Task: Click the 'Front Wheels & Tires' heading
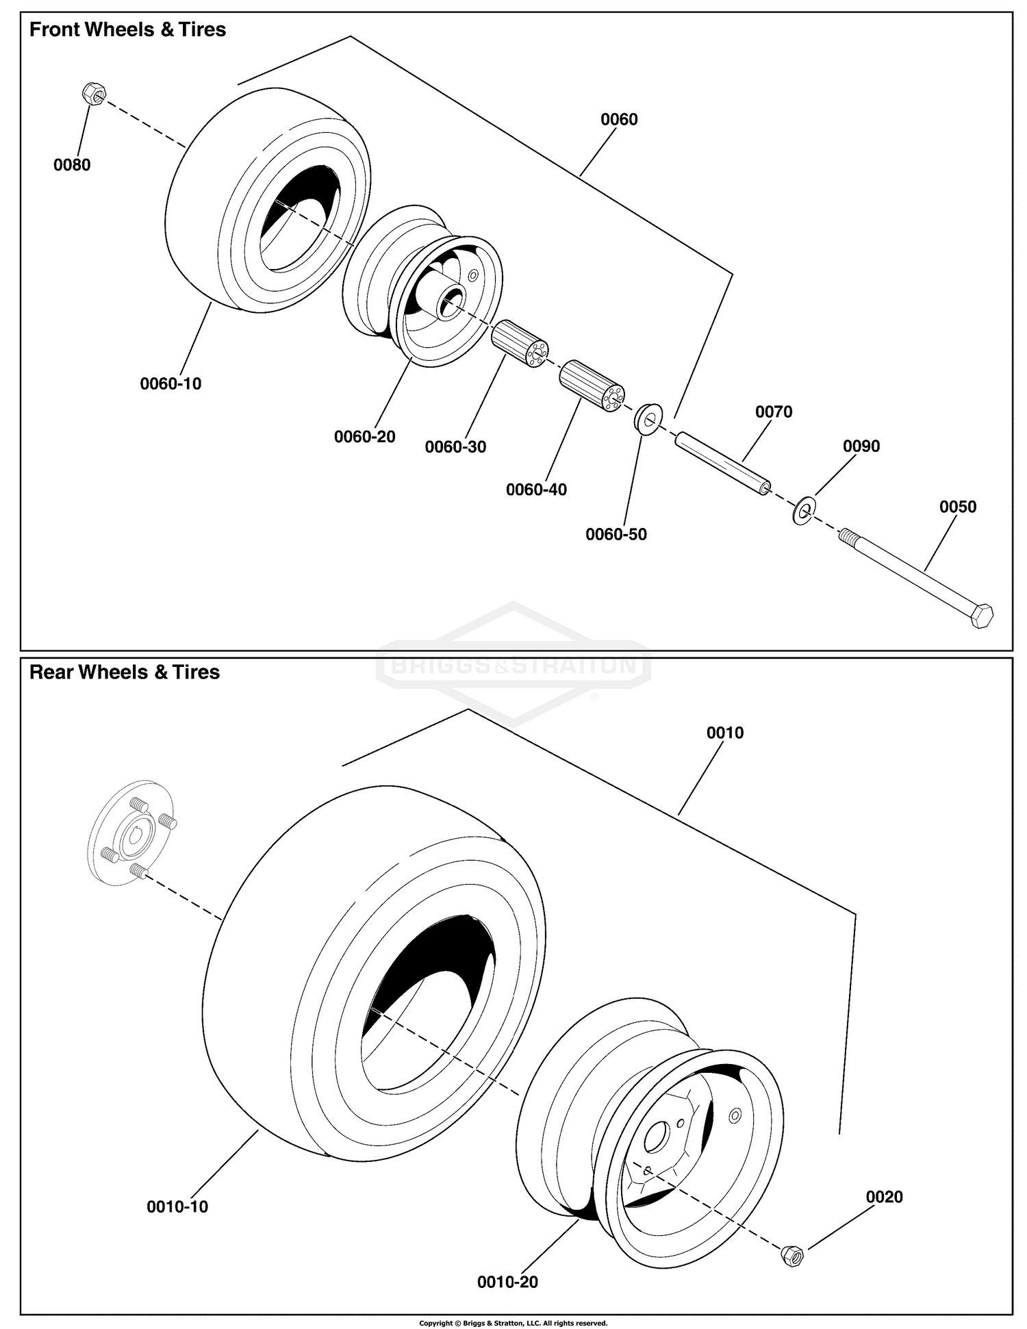(127, 30)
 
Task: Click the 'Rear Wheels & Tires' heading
(125, 672)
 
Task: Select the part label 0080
(72, 165)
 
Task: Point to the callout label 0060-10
(170, 384)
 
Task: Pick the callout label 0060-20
(364, 437)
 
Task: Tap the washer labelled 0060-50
(647, 419)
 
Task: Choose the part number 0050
(957, 507)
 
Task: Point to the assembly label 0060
(619, 120)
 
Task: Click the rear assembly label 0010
(724, 733)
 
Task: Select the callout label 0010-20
(507, 1282)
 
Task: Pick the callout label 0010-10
(177, 1207)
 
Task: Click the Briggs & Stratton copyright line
(513, 1323)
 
